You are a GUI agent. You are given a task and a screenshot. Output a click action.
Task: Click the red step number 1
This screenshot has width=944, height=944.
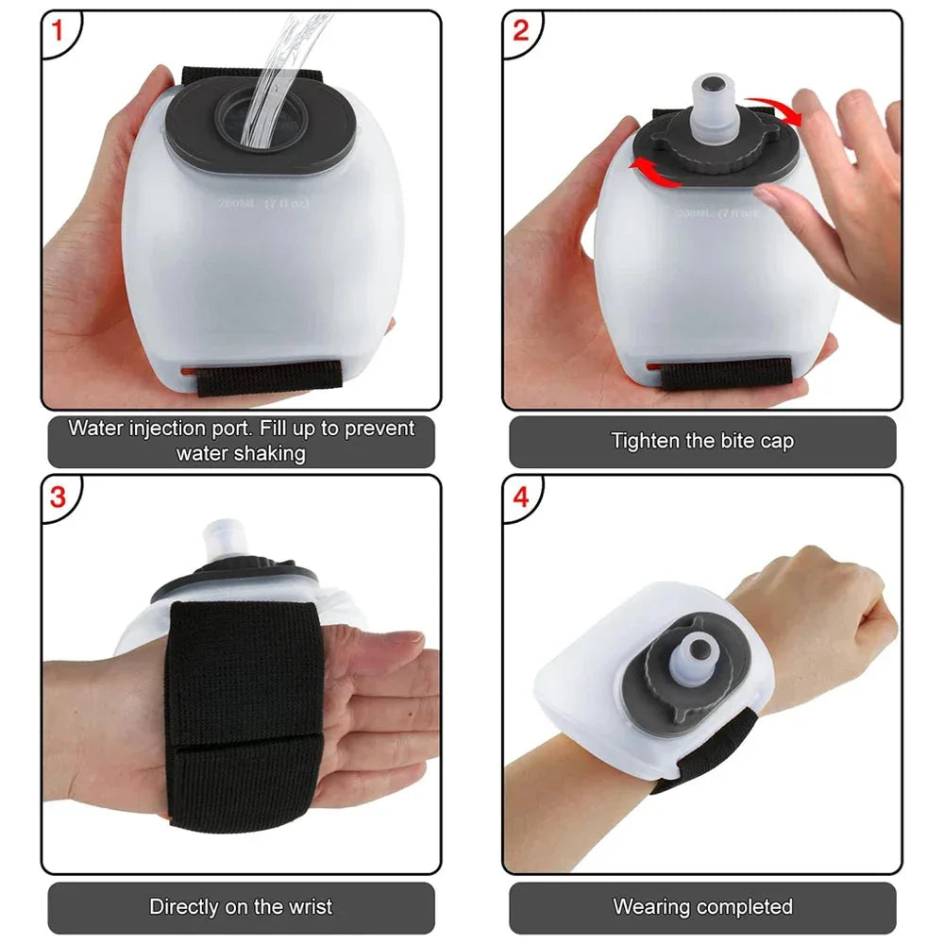(x=58, y=31)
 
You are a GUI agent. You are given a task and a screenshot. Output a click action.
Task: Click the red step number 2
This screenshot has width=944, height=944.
(x=520, y=31)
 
